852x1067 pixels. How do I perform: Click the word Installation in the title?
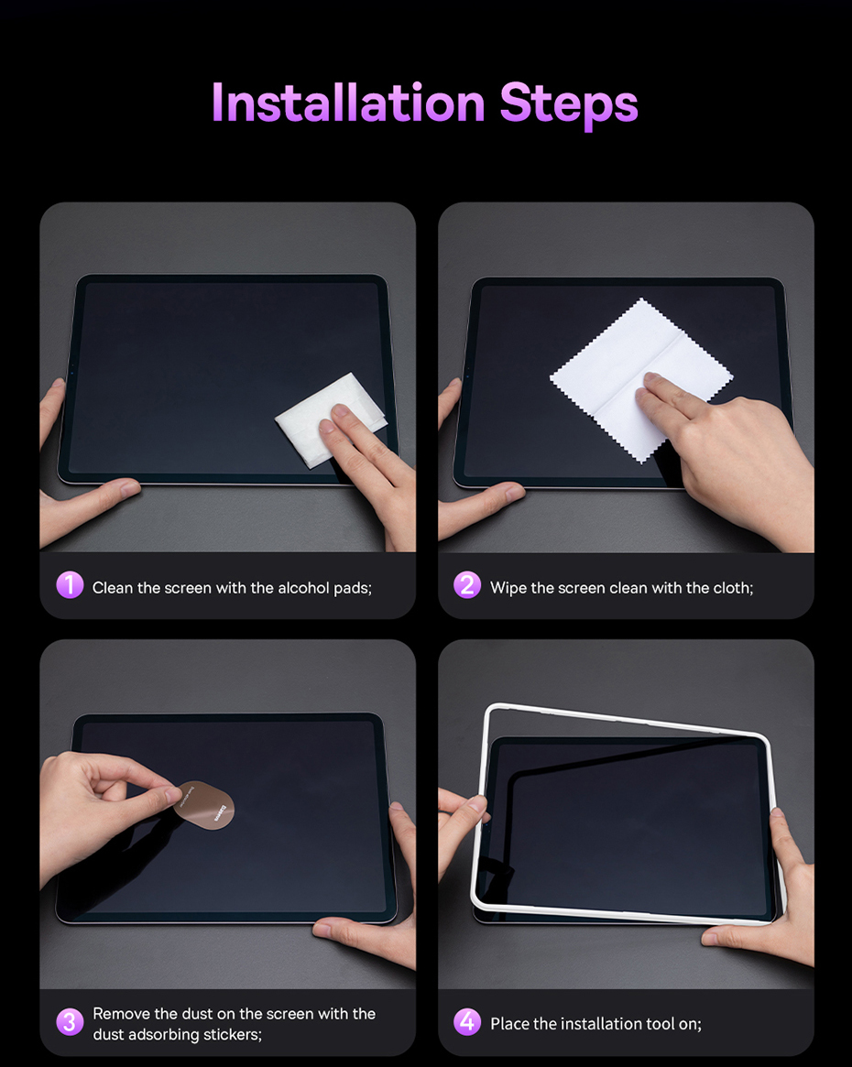click(348, 103)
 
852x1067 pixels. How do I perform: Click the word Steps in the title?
click(569, 105)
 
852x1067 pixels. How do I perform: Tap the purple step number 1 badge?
click(70, 585)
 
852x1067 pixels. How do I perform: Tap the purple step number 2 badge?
click(467, 585)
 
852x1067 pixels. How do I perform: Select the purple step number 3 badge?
click(70, 1021)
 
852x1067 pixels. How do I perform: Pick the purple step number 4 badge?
click(467, 1021)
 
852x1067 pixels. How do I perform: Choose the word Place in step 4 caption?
click(509, 1023)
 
